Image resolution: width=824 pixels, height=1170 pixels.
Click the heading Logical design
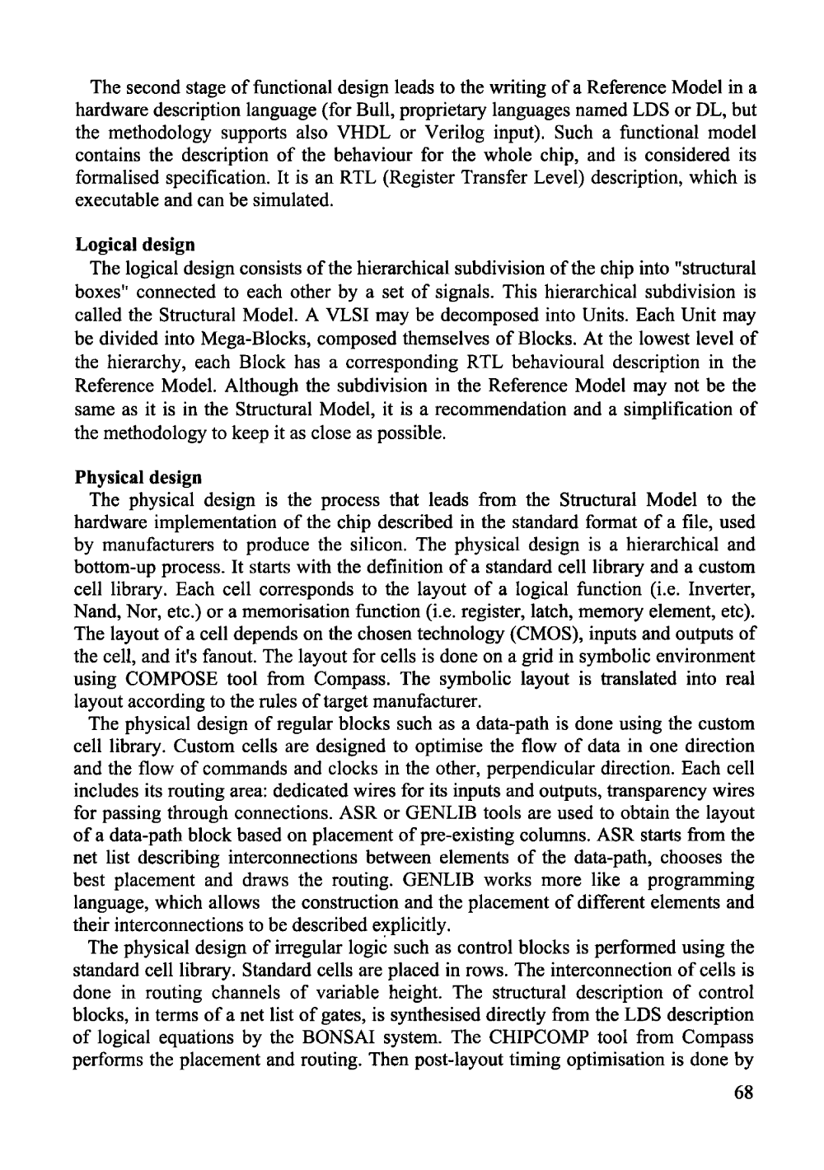(135, 245)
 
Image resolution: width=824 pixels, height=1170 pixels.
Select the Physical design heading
(138, 477)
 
